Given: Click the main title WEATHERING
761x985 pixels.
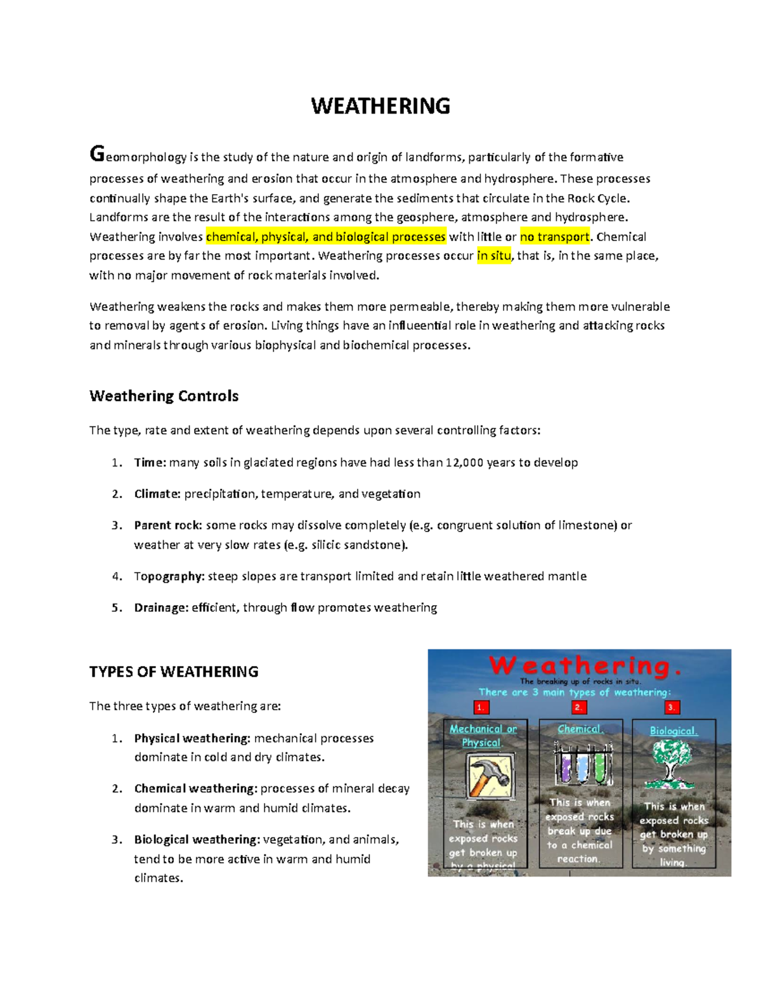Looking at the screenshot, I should coord(380,106).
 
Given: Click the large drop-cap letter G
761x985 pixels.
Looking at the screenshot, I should coord(97,154).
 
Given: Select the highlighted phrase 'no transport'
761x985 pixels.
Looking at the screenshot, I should coord(555,237).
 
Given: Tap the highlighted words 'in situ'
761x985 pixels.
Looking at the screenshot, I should coord(493,256).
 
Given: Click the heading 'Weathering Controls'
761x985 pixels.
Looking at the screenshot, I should coord(164,396).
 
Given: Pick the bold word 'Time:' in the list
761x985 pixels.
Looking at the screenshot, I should coord(150,463).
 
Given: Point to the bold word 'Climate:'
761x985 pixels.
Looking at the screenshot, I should coord(157,494).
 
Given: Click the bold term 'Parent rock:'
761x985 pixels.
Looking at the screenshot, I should coord(168,526).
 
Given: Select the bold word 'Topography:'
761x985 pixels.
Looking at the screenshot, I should coord(169,577).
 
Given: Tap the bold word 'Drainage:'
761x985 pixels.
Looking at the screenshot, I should coord(161,608).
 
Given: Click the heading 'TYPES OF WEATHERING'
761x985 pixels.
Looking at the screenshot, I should coord(174,672).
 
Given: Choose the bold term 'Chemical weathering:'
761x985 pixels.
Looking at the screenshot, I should coord(195,789).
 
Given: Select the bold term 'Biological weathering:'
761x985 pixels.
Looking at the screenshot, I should coord(197,840).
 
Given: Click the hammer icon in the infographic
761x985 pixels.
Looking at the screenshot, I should coord(488,776).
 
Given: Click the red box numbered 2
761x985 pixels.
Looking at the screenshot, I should coord(578,707).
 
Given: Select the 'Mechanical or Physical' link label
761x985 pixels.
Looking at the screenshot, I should coord(483,736).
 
